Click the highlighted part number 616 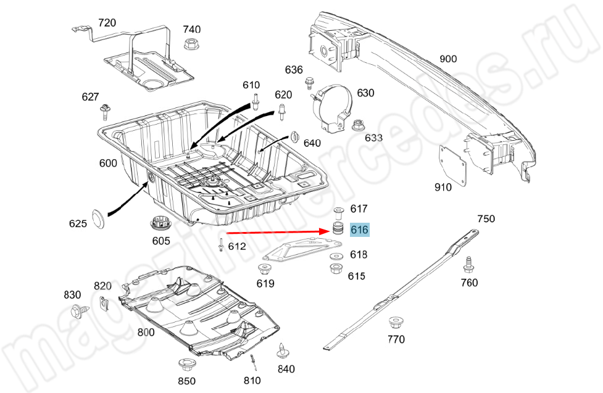[x=359, y=230]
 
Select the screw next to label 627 [x=104, y=112]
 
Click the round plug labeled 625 [x=99, y=219]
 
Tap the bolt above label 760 [x=468, y=265]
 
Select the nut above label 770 [x=394, y=323]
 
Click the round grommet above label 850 [x=186, y=365]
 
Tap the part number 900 [x=448, y=59]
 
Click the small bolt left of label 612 [x=221, y=245]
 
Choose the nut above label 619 [x=264, y=269]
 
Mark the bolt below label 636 [x=309, y=83]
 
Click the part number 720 [x=107, y=23]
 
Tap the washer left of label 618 [x=336, y=257]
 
